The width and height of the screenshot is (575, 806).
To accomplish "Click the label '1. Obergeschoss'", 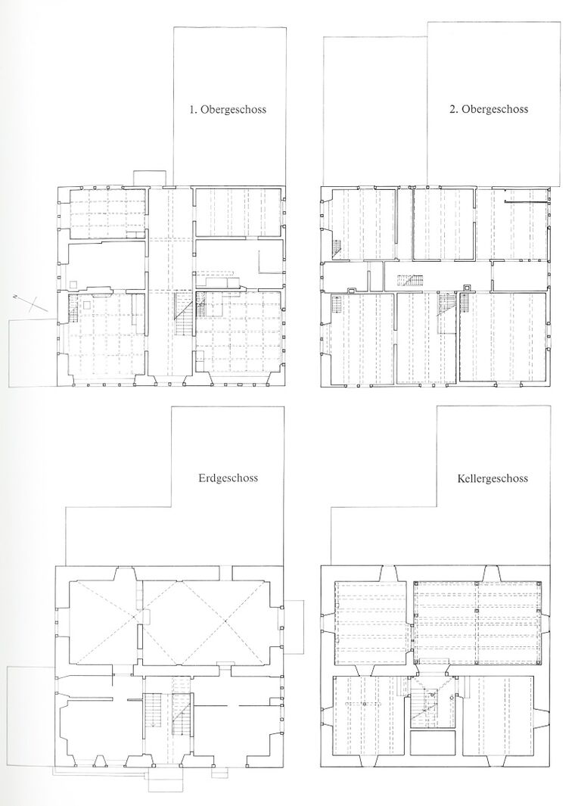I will (228, 109).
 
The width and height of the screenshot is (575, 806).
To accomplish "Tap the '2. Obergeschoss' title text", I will (489, 109).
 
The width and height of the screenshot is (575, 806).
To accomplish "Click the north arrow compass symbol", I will (26, 302).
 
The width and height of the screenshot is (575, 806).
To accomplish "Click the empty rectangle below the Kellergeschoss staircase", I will (432, 742).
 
